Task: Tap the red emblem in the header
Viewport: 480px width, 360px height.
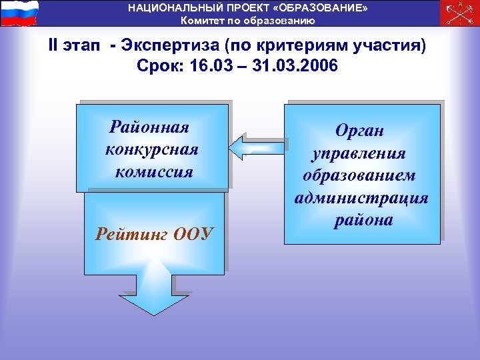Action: coord(459,13)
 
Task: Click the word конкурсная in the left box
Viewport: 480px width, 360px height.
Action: coord(152,149)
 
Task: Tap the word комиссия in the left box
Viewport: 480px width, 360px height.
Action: coord(154,171)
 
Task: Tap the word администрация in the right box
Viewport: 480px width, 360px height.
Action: coord(361,198)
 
